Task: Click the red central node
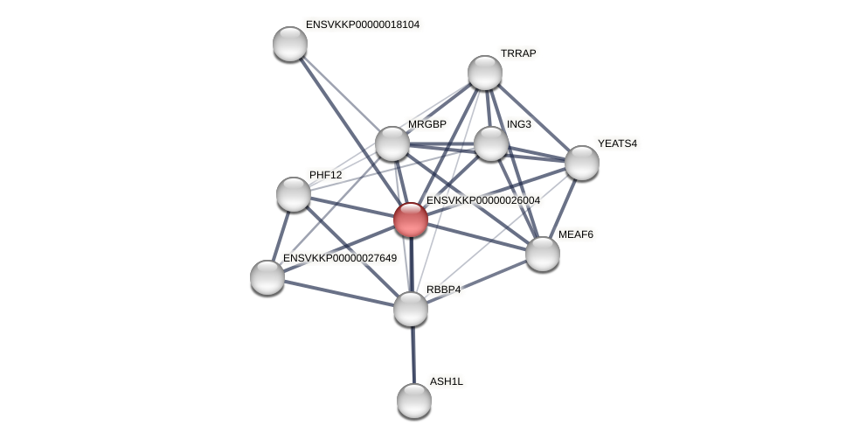tap(410, 220)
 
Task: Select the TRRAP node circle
tap(485, 73)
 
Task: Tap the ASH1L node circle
tap(414, 401)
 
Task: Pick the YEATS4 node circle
tap(582, 163)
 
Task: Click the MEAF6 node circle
tap(543, 254)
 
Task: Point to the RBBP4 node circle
tap(411, 309)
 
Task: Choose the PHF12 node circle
tap(294, 194)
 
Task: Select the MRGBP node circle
tap(392, 143)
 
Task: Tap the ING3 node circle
tap(491, 143)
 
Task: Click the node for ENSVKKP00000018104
tap(290, 44)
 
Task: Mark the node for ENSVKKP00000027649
tap(267, 277)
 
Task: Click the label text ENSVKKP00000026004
tap(482, 200)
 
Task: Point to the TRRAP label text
tap(518, 53)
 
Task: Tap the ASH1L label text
tap(446, 381)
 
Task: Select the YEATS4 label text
tap(617, 143)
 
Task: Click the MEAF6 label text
tap(575, 234)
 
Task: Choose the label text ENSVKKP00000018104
tap(362, 24)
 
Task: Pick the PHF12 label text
tap(325, 175)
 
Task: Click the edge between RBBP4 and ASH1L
tap(413, 354)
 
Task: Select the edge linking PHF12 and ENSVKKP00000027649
tap(281, 236)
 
